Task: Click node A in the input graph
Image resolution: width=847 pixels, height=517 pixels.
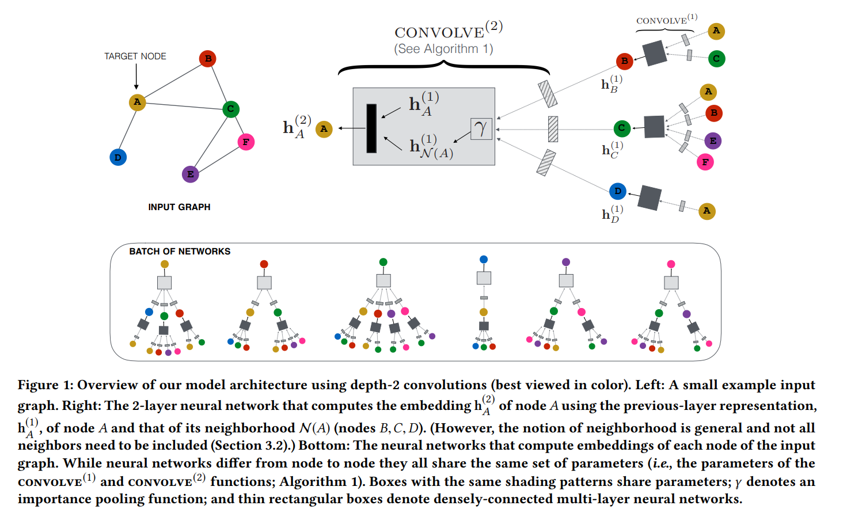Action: point(137,102)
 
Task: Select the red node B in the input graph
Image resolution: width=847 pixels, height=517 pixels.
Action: point(207,58)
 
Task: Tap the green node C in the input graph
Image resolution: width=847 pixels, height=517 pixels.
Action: point(231,109)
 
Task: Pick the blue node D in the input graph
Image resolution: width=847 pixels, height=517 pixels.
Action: point(118,157)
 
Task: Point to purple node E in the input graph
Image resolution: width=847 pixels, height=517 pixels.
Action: point(190,174)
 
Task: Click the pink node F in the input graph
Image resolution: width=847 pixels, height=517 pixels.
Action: point(246,142)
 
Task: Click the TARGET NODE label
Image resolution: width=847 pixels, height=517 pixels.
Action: point(135,56)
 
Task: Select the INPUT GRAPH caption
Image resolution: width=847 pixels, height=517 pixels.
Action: point(179,207)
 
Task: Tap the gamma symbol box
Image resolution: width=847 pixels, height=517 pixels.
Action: point(481,129)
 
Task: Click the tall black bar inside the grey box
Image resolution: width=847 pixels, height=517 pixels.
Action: point(371,128)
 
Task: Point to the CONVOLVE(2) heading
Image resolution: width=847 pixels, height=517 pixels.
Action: point(448,31)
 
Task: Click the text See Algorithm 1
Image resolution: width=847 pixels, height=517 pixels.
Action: point(443,49)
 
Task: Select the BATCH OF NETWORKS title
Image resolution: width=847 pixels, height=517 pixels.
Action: point(180,252)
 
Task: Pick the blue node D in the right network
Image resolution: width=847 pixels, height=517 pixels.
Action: point(617,191)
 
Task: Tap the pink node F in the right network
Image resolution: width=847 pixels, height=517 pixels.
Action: point(705,162)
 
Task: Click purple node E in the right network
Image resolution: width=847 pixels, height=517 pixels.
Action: point(713,141)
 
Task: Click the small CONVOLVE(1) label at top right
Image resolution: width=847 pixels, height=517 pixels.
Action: point(666,20)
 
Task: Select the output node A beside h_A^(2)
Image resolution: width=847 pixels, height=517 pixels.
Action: point(324,129)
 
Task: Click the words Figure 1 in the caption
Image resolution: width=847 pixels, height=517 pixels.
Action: point(45,385)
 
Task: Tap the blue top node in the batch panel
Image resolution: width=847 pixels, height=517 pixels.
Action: point(484,260)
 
